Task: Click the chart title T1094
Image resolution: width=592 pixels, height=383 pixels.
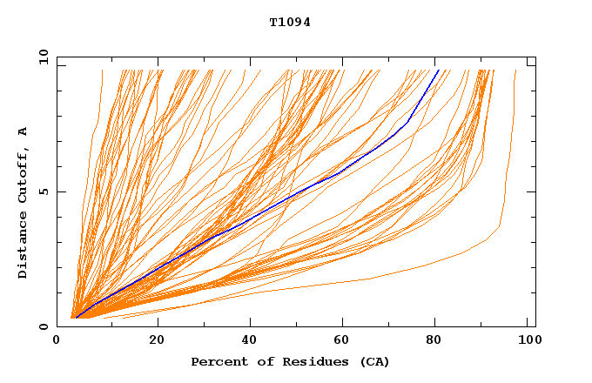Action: (290, 23)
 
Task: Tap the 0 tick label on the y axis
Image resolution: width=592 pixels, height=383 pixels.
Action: (43, 326)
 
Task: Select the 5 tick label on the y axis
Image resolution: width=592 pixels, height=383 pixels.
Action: (43, 191)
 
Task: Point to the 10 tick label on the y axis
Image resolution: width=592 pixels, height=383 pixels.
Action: (40, 57)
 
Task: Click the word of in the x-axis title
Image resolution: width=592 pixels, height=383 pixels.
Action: (258, 361)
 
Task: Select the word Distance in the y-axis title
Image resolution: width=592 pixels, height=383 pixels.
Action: (23, 247)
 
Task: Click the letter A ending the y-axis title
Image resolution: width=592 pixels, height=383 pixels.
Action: (23, 132)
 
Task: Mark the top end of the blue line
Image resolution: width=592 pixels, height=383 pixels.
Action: (439, 71)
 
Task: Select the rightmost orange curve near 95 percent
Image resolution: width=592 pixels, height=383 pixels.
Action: (505, 200)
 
